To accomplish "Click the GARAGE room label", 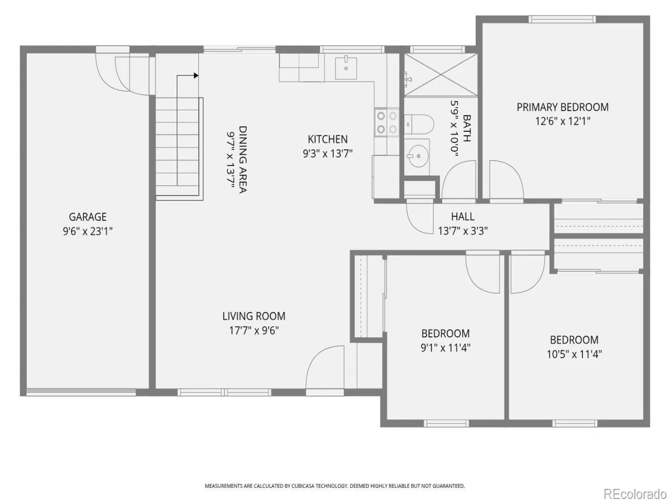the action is coord(88,217).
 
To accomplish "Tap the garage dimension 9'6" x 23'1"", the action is coord(88,231).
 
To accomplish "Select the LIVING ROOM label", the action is coord(254,316).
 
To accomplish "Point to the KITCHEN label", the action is coord(328,139).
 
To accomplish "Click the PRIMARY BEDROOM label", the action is coord(563,107).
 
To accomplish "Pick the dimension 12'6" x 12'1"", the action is coord(563,121).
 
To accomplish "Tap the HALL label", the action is coord(463,216).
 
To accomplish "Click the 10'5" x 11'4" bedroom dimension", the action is coord(574,354).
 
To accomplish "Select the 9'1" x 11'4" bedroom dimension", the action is coord(446,348).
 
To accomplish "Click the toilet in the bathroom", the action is coord(419,124).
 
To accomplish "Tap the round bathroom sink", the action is coord(418,156).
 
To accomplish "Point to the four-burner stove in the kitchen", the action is coord(387,123).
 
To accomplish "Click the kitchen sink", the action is coord(346,68).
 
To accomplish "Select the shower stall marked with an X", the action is coord(441,75).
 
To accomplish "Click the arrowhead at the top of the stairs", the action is coord(196,75).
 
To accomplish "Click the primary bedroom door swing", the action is coord(506,180).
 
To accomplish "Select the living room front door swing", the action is coord(324,367).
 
